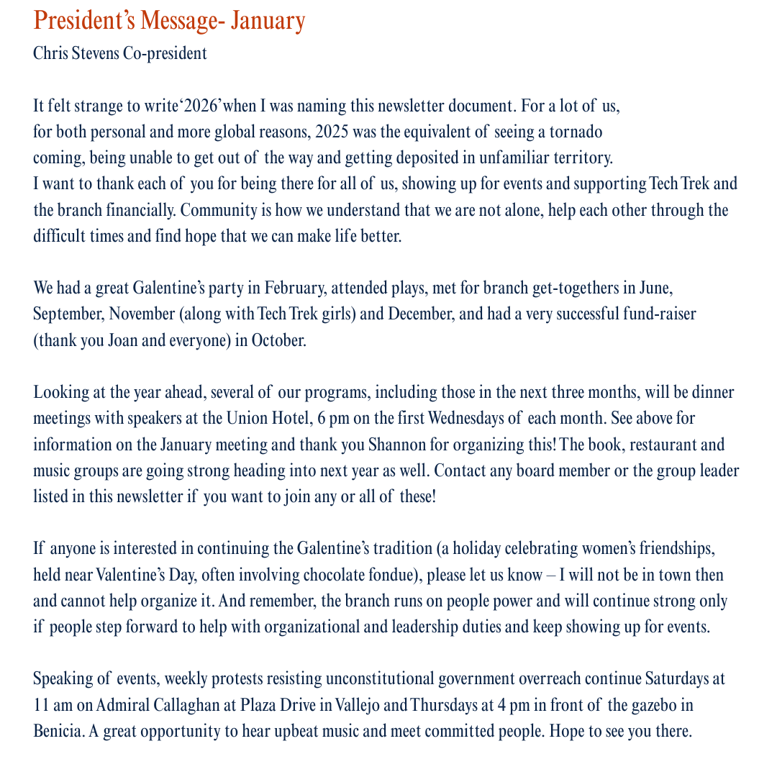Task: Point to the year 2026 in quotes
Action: pos(201,106)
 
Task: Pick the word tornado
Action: pos(576,132)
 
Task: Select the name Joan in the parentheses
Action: pos(122,340)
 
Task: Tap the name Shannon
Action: pos(396,443)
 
